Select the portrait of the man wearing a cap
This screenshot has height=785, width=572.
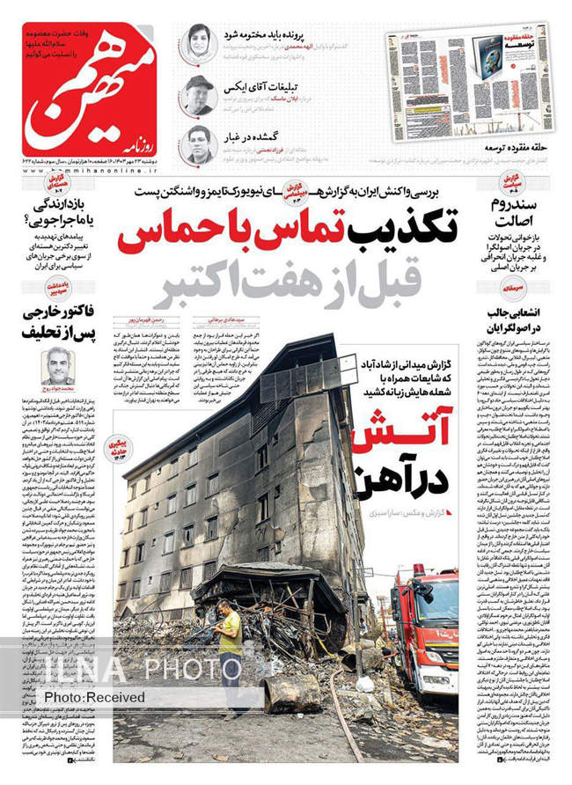[197, 93]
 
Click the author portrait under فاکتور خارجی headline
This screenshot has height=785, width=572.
[56, 365]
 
